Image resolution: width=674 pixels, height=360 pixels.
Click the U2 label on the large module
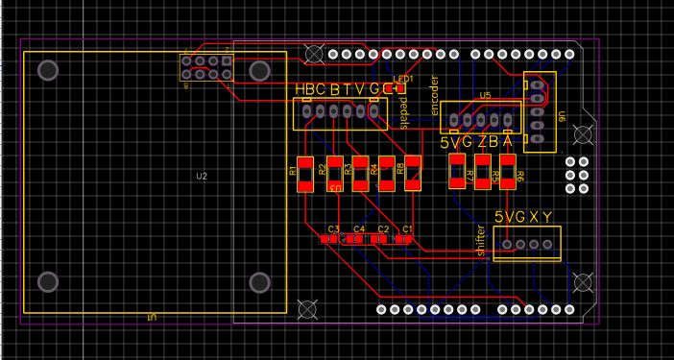[x=202, y=177]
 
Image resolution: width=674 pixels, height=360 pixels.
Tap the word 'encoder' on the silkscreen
[x=434, y=95]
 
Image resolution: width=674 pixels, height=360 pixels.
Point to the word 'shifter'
[x=481, y=240]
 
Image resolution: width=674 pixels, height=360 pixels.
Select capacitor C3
[x=332, y=238]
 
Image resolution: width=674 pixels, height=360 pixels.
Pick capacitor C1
[x=407, y=238]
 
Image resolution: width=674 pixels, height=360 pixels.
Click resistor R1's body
[x=305, y=173]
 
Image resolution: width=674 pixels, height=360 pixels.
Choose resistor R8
[x=413, y=173]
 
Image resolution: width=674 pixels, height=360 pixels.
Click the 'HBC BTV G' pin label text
[x=343, y=89]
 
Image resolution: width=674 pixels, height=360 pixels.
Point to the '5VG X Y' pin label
[x=523, y=218]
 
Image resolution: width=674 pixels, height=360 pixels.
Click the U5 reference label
[x=485, y=96]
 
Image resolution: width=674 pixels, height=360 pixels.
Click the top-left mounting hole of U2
[x=48, y=70]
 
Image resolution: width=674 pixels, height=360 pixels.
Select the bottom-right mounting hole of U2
[x=259, y=282]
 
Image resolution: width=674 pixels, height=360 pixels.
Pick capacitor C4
[x=358, y=238]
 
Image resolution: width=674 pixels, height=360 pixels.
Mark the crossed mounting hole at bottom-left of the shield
[x=308, y=309]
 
